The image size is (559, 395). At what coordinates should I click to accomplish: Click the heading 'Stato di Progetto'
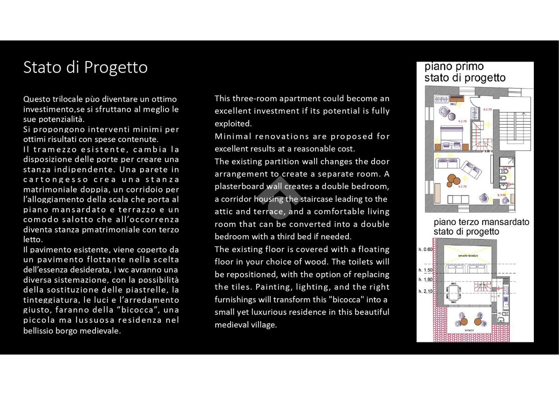[86, 68]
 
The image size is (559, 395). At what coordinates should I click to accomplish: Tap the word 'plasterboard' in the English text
[239, 186]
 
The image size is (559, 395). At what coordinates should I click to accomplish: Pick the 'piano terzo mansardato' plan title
[481, 222]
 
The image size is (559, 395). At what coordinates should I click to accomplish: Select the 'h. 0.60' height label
[426, 250]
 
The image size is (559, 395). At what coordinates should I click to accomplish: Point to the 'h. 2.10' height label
[426, 291]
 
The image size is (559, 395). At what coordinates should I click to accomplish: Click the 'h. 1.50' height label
[426, 270]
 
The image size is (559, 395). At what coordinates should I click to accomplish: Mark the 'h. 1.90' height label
[426, 279]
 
